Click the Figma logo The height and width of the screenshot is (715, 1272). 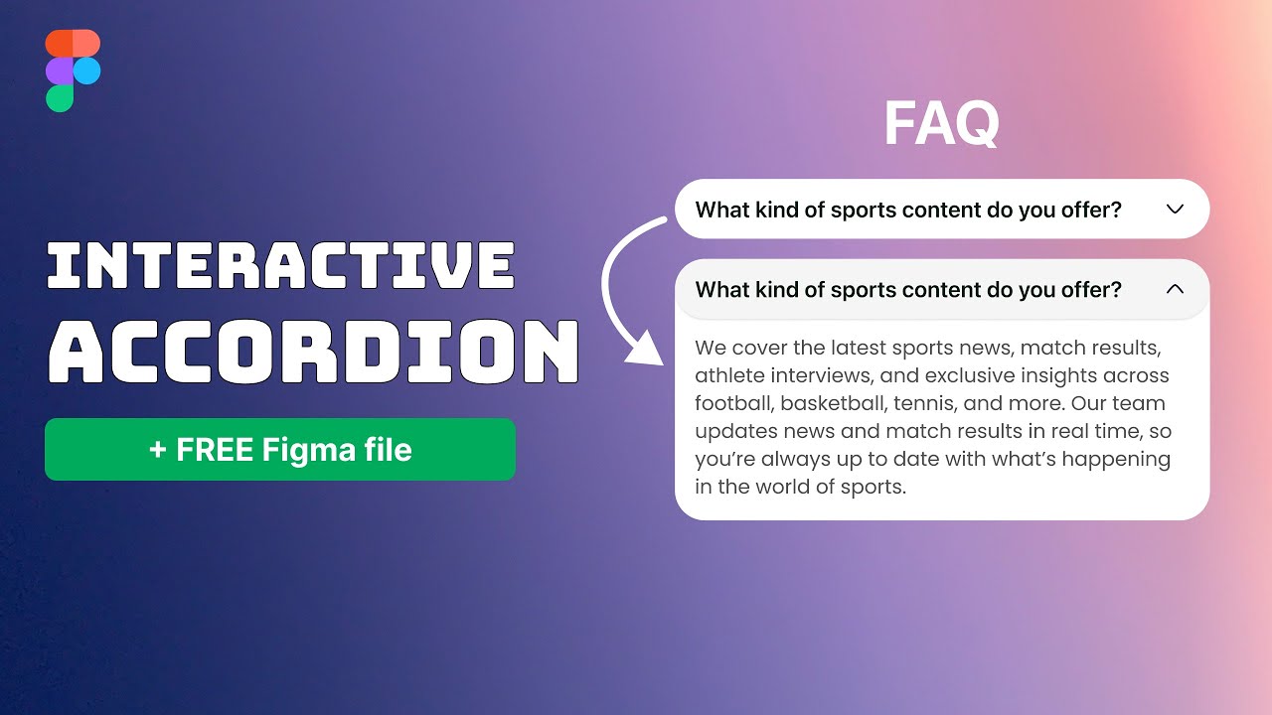[73, 71]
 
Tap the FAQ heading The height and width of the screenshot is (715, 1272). [941, 124]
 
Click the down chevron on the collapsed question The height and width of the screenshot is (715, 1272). [1175, 210]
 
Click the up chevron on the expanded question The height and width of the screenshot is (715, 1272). [1175, 289]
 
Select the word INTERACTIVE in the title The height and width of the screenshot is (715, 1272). [280, 266]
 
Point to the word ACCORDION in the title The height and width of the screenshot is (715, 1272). [313, 352]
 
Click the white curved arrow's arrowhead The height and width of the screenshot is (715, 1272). [646, 350]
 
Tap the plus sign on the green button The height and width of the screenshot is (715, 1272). [157, 450]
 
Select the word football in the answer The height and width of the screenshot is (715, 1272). [734, 404]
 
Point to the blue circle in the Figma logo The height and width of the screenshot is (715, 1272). [86, 71]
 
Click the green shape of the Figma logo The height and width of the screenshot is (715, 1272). [60, 97]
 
